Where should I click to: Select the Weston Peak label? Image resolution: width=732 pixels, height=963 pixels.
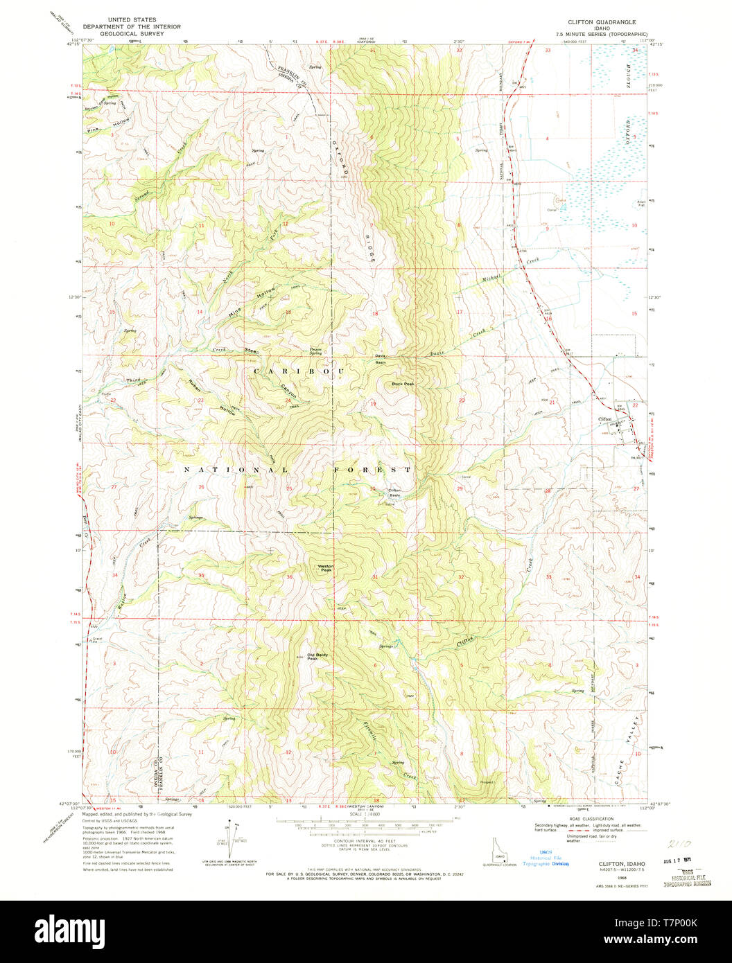325,567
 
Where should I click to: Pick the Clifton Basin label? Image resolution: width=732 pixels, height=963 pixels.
395,493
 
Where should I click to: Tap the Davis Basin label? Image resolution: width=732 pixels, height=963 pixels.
381,359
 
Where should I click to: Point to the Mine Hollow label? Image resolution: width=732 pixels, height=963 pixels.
252,302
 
